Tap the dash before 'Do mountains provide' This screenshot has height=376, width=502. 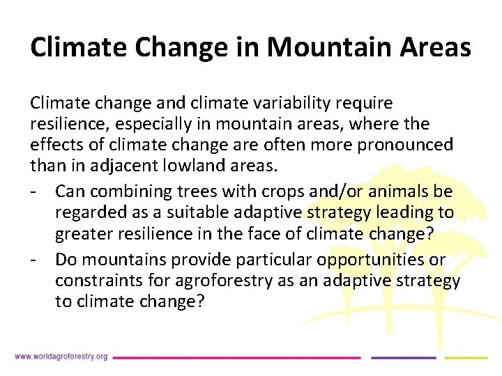pos(33,260)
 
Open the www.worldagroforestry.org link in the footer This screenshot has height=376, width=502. pos(61,357)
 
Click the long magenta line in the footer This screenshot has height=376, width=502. pos(237,357)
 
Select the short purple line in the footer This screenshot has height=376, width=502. pos(402,357)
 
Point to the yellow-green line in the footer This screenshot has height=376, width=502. pos(466,357)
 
